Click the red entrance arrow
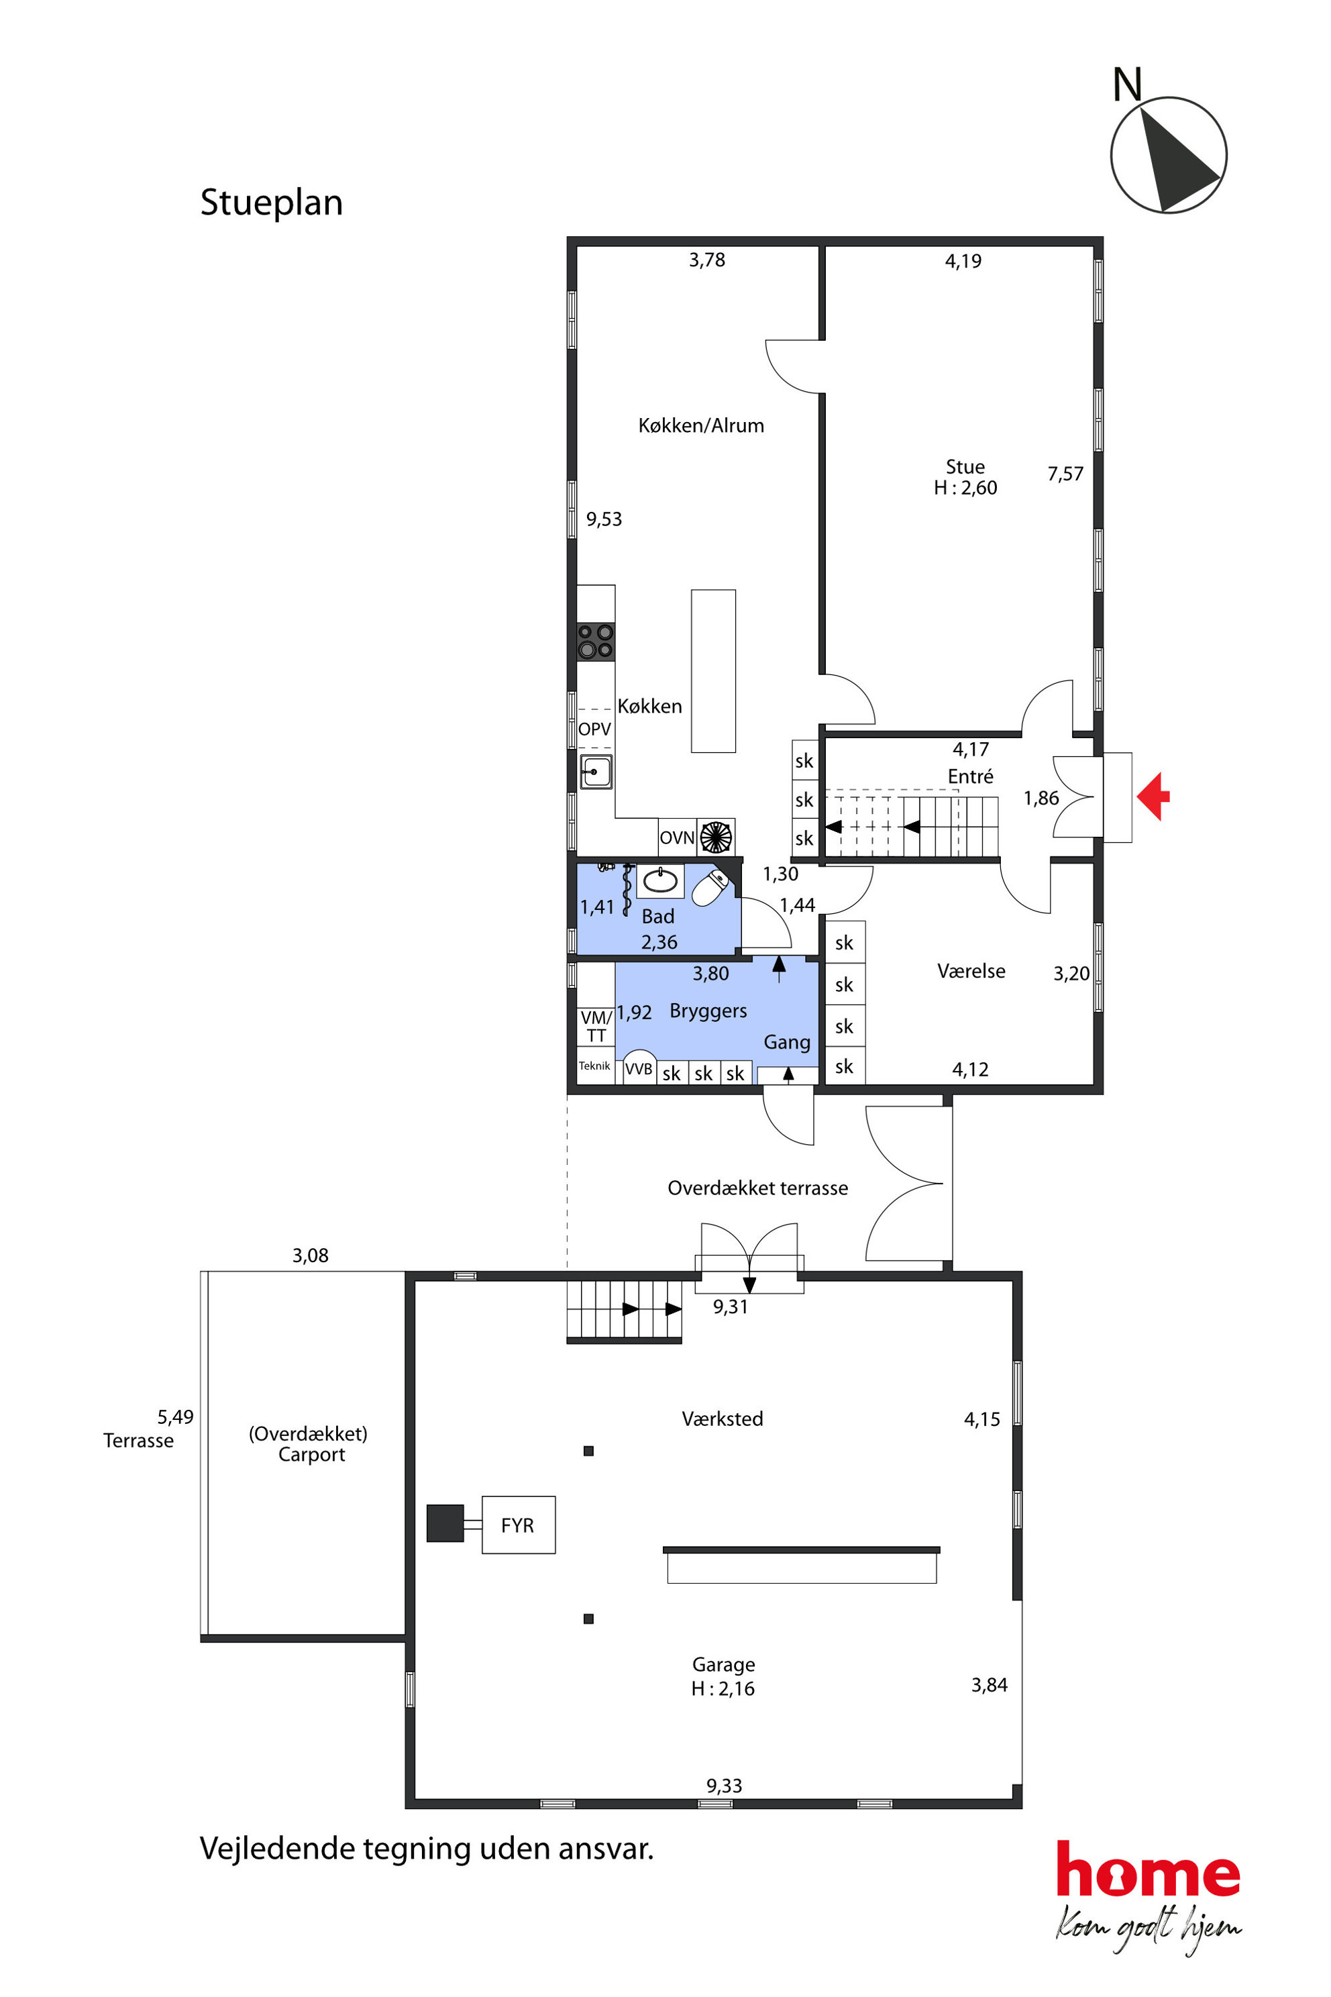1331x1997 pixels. coord(1153,797)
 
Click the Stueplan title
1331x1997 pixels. coord(272,203)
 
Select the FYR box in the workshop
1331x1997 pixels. coord(518,1525)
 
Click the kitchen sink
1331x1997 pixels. coord(596,772)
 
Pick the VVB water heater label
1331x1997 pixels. coord(639,1069)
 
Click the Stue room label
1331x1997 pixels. coord(965,467)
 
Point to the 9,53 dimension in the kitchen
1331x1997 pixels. coord(604,519)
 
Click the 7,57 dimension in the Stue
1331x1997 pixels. coord(1065,474)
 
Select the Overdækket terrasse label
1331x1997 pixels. coord(758,1188)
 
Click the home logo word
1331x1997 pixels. coord(1148,1870)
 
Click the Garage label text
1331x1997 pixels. coord(723,1664)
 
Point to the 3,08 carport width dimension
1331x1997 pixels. coord(310,1255)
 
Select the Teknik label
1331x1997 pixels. coord(594,1066)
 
